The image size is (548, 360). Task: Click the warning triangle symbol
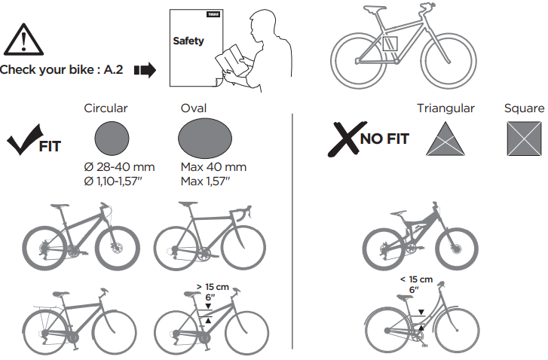pos(24,40)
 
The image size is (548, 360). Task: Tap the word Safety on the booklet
pos(188,41)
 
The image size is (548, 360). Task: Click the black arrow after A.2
pos(145,70)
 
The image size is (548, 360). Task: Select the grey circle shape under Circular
pos(112,139)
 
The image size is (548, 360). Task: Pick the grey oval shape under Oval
pos(205,139)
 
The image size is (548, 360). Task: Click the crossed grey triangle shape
pos(445,139)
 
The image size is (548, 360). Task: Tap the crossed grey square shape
pos(524,139)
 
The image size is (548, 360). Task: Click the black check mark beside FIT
pos(24,139)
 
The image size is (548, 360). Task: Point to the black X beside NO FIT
pos(346,139)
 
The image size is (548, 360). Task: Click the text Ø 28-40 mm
pos(119,167)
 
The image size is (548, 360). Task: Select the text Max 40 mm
pos(213,167)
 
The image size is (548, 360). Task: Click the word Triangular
pos(445,108)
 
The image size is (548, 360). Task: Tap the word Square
pos(524,108)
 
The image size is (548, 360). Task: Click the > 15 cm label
pos(213,287)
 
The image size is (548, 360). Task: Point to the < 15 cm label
pos(416,279)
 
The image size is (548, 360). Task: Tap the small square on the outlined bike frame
pos(390,43)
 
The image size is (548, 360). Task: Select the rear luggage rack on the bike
pos(50,308)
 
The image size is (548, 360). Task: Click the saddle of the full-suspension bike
pos(399,213)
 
